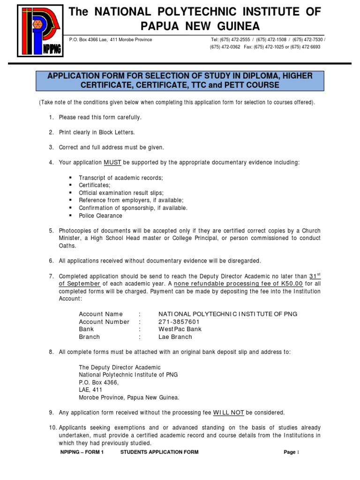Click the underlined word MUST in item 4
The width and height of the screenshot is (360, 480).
click(112, 162)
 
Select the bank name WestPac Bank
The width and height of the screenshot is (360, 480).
click(180, 329)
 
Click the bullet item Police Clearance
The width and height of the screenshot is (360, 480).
click(100, 216)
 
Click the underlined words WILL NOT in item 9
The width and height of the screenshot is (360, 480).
click(229, 412)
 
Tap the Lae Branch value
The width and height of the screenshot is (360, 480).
click(175, 337)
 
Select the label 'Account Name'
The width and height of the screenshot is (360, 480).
click(101, 314)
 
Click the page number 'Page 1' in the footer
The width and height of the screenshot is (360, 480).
click(291, 452)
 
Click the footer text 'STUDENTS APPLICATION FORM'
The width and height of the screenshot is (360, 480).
click(159, 452)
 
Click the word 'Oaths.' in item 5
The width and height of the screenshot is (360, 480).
click(67, 246)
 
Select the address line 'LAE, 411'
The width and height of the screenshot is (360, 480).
click(90, 390)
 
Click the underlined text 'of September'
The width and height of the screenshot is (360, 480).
click(80, 284)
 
